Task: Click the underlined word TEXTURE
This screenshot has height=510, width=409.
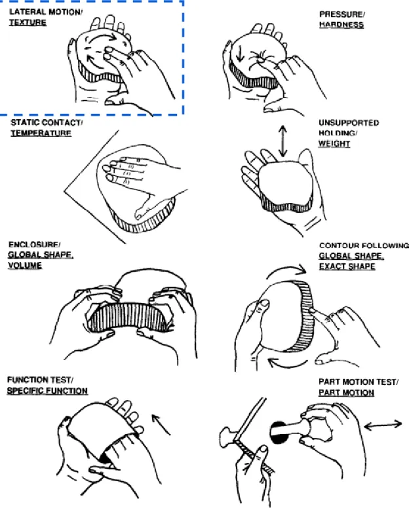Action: (28, 22)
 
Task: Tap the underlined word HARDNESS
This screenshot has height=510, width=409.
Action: (341, 25)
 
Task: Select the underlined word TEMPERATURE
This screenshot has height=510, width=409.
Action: (41, 133)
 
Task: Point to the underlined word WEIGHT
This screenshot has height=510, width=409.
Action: (334, 143)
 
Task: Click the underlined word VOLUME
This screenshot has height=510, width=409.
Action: (25, 265)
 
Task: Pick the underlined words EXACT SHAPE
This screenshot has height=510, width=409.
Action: (347, 266)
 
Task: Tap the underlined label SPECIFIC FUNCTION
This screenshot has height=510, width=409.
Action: (48, 391)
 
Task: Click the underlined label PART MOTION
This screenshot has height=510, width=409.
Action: (346, 393)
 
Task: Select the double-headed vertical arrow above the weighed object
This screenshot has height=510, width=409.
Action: (282, 141)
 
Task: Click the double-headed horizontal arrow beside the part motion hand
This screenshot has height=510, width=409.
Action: (383, 425)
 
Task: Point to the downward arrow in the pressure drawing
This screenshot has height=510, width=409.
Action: (240, 53)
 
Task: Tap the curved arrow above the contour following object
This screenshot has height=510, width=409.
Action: (286, 271)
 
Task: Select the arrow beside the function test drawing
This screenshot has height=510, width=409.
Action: (161, 424)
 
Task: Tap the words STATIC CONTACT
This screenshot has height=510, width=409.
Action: (47, 122)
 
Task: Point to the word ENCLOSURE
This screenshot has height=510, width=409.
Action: (34, 245)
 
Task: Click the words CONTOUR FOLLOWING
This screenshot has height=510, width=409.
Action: (364, 246)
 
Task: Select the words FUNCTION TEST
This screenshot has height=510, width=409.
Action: (40, 380)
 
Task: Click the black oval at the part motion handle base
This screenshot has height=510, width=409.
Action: (279, 433)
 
